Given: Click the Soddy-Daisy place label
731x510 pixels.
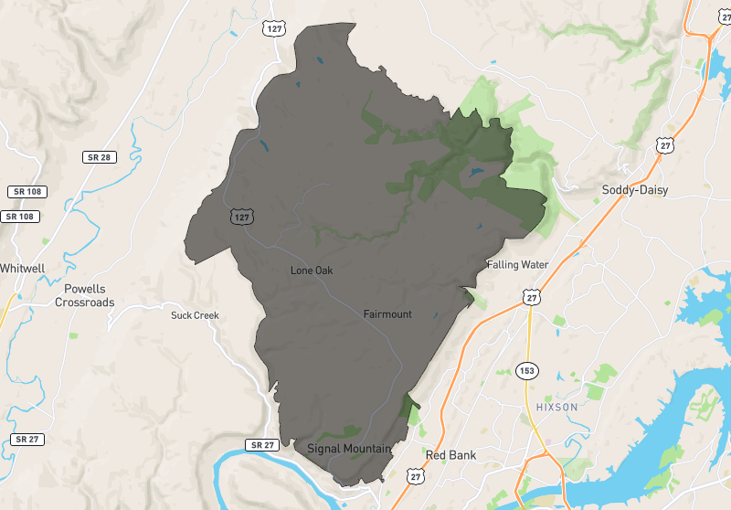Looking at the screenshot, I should pyautogui.click(x=634, y=190).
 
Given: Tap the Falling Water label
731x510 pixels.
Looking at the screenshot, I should pyautogui.click(x=518, y=265).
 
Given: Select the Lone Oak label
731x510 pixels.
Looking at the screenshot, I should pyautogui.click(x=312, y=271).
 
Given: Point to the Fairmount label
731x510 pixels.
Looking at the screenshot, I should pyautogui.click(x=387, y=314).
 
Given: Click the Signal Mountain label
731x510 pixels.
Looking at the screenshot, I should pyautogui.click(x=349, y=449).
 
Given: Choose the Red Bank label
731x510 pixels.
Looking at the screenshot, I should pyautogui.click(x=450, y=454).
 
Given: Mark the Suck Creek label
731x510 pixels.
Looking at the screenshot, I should pyautogui.click(x=195, y=315).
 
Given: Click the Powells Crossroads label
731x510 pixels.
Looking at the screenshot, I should pyautogui.click(x=85, y=296).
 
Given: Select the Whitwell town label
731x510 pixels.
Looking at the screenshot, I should pyautogui.click(x=22, y=269).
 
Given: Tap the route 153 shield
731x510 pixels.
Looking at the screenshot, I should pyautogui.click(x=530, y=371).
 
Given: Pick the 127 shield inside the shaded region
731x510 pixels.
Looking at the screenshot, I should pyautogui.click(x=241, y=217).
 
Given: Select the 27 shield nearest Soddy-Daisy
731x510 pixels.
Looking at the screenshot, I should pyautogui.click(x=664, y=145).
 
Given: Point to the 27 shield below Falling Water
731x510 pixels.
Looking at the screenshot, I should pyautogui.click(x=532, y=297).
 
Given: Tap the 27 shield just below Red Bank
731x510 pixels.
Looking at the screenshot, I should pyautogui.click(x=417, y=476).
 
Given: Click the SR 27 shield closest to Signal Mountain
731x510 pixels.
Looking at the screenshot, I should pyautogui.click(x=260, y=445).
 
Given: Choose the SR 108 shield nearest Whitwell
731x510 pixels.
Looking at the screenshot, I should pyautogui.click(x=22, y=217).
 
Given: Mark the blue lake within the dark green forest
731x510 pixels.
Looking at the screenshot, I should pyautogui.click(x=476, y=171).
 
